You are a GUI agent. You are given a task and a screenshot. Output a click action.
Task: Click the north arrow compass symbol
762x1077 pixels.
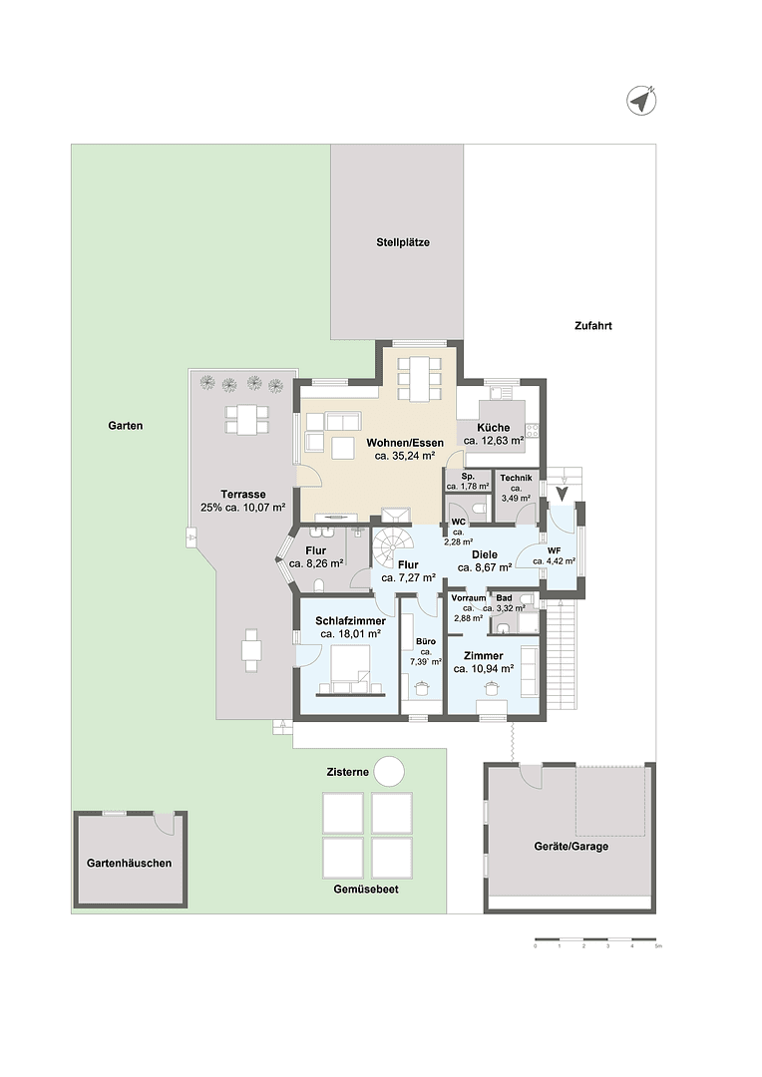pyautogui.click(x=640, y=100)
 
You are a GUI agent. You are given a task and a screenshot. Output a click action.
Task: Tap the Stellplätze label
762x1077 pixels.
pyautogui.click(x=403, y=242)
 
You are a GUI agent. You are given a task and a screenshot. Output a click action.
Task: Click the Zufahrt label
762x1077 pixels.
pyautogui.click(x=592, y=325)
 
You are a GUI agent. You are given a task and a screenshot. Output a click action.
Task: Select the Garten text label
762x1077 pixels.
pyautogui.click(x=126, y=425)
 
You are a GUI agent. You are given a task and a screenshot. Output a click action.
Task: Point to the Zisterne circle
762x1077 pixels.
pyautogui.click(x=389, y=772)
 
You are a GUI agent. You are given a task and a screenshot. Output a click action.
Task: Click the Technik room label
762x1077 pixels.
pyautogui.click(x=517, y=479)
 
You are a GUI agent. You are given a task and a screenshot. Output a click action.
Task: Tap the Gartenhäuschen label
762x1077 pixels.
pyautogui.click(x=130, y=863)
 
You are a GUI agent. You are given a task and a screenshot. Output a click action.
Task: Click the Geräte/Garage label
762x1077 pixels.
pyautogui.click(x=571, y=846)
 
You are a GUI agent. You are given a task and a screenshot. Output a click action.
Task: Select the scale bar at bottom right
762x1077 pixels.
pyautogui.click(x=595, y=939)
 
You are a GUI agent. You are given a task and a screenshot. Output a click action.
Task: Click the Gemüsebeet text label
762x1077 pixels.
pyautogui.click(x=366, y=888)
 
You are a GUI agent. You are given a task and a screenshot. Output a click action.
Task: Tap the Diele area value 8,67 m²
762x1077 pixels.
pyautogui.click(x=485, y=566)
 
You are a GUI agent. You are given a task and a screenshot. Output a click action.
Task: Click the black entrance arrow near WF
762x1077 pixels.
pyautogui.click(x=562, y=492)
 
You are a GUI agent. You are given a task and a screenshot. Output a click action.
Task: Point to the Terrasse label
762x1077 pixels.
pyautogui.click(x=243, y=494)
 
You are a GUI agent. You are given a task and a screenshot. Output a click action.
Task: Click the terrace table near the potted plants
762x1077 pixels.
pyautogui.click(x=245, y=419)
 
